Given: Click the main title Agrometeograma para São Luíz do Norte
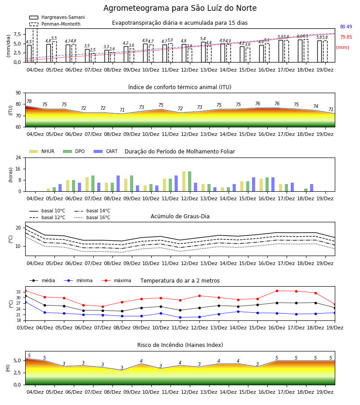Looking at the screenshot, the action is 180,8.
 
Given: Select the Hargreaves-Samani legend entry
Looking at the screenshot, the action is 57,17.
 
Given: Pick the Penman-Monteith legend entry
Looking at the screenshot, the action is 55,24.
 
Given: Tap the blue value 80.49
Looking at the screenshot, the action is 346,27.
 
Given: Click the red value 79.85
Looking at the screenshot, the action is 346,37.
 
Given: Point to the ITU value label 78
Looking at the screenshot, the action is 29,101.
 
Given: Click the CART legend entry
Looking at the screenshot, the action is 106,151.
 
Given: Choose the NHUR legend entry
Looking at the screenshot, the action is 42,151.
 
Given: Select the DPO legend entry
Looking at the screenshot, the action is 74,151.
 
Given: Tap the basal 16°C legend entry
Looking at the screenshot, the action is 92,217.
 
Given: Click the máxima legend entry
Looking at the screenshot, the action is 116,280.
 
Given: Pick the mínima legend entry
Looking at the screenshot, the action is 78,280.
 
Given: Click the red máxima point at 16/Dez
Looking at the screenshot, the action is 277,291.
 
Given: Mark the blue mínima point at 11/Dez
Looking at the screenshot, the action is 180,317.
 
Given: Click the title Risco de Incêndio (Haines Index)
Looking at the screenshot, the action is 180,345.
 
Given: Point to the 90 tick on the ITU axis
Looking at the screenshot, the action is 18,93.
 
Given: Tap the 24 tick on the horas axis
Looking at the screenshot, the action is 18,157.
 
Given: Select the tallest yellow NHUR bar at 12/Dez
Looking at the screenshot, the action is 184,181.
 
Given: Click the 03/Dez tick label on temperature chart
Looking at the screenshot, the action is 25,328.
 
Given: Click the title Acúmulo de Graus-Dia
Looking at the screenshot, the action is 180,216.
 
